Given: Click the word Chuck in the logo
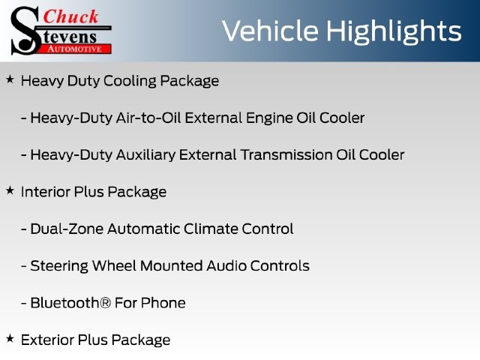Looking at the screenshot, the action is tap(70, 16).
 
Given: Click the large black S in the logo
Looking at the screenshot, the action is tap(25, 31).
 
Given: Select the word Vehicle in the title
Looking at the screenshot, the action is tap(270, 31).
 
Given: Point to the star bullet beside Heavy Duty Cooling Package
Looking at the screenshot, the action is tap(10, 79).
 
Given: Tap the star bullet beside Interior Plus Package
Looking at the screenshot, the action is tap(10, 190).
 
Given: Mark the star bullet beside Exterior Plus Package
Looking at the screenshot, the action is tap(10, 338).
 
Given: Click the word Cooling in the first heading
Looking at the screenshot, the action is tap(130, 82).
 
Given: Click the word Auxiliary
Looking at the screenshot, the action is tap(145, 155).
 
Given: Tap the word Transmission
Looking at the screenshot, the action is tap(286, 154).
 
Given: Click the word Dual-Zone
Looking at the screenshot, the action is tap(67, 229).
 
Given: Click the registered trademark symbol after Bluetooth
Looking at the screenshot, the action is tap(105, 303).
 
